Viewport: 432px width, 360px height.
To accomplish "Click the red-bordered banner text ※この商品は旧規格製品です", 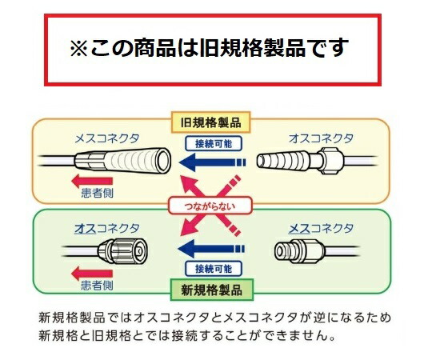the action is click(x=210, y=48).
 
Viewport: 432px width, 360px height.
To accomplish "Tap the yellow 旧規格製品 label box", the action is click(x=210, y=122).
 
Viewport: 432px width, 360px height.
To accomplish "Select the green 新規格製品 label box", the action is click(x=211, y=290).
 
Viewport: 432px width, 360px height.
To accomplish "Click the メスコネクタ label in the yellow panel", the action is click(x=107, y=138).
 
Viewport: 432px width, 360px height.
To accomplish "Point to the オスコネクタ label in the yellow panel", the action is click(x=321, y=138).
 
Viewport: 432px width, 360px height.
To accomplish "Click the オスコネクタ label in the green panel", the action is click(x=107, y=229).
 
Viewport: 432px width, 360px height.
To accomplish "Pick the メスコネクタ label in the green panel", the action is click(x=321, y=229).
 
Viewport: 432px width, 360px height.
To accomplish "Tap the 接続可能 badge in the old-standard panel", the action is click(x=214, y=143).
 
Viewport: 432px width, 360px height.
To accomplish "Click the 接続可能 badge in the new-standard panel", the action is click(x=214, y=269).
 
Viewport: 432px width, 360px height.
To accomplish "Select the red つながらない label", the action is click(x=210, y=206).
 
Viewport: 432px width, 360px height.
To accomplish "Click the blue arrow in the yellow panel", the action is click(x=212, y=162).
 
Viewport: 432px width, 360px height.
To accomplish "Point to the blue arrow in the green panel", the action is click(x=211, y=249).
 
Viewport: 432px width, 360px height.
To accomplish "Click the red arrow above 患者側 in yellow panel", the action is click(x=92, y=182).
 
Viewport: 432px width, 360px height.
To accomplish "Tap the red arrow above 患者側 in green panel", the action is click(x=92, y=274).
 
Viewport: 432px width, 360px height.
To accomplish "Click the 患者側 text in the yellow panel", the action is click(x=97, y=193).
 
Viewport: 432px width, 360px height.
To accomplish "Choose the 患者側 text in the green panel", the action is click(x=97, y=286).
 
